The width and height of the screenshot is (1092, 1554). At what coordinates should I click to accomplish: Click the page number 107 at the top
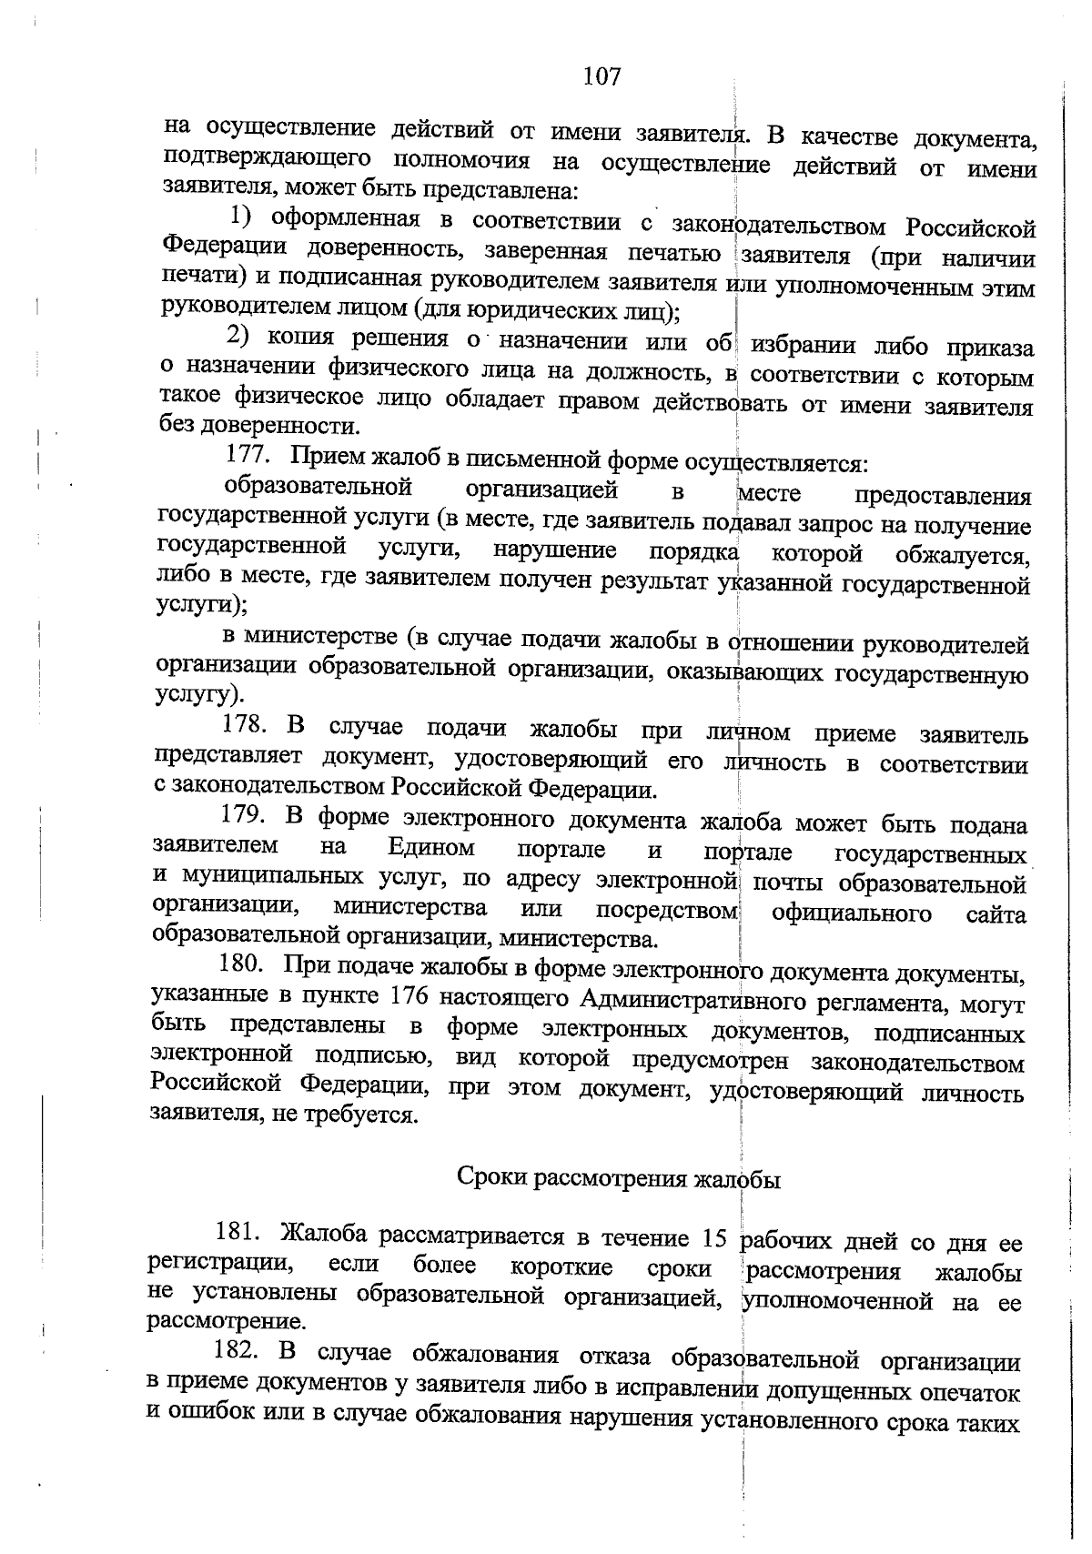click(x=602, y=76)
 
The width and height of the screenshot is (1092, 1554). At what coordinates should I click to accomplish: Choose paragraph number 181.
click(x=238, y=1234)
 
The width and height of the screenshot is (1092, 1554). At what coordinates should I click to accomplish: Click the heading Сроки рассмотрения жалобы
click(x=618, y=1179)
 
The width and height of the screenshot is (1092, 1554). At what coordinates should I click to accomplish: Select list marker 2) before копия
click(x=238, y=337)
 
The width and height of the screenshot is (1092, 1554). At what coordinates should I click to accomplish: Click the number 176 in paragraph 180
click(x=409, y=995)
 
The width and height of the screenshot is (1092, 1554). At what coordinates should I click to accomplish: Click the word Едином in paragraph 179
click(x=431, y=848)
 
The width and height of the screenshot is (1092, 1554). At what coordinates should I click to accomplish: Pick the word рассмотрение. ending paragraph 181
click(x=226, y=1320)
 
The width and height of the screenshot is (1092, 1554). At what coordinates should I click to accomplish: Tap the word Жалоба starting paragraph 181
click(x=325, y=1235)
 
